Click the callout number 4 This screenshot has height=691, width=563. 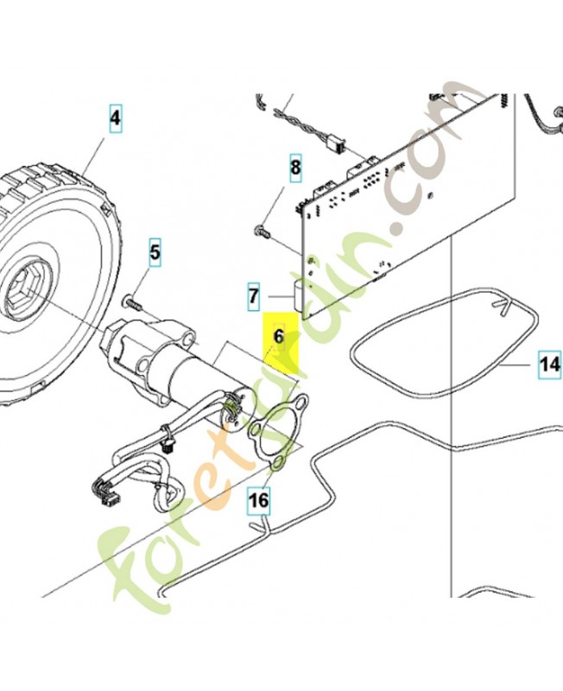pyautogui.click(x=116, y=116)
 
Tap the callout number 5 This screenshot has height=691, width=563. pyautogui.click(x=155, y=253)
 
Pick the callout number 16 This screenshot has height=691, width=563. pyautogui.click(x=258, y=498)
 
